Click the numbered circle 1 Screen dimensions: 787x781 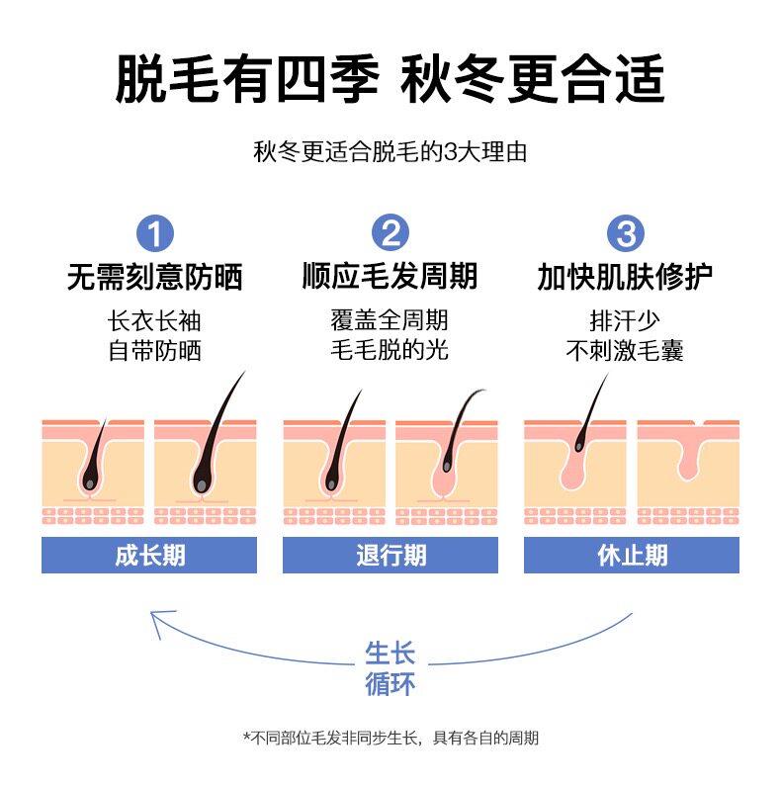pyautogui.click(x=154, y=234)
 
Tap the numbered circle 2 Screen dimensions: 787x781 pyautogui.click(x=390, y=234)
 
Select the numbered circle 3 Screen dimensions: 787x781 pyautogui.click(x=625, y=234)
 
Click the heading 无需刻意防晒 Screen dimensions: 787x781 pyautogui.click(x=154, y=277)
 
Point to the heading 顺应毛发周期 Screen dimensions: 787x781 pyautogui.click(x=390, y=277)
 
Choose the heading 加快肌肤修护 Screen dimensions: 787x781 pyautogui.click(x=625, y=277)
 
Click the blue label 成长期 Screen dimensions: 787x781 pyautogui.click(x=149, y=555)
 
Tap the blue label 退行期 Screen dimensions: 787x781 pyautogui.click(x=390, y=555)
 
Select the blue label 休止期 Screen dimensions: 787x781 pyautogui.click(x=632, y=555)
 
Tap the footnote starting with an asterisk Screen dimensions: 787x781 pyautogui.click(x=390, y=738)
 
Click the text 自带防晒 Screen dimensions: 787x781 pyautogui.click(x=154, y=351)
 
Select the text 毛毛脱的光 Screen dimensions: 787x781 pyautogui.click(x=390, y=351)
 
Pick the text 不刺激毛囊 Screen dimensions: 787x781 pyautogui.click(x=625, y=351)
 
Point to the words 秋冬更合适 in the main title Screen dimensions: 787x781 pyautogui.click(x=534, y=79)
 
